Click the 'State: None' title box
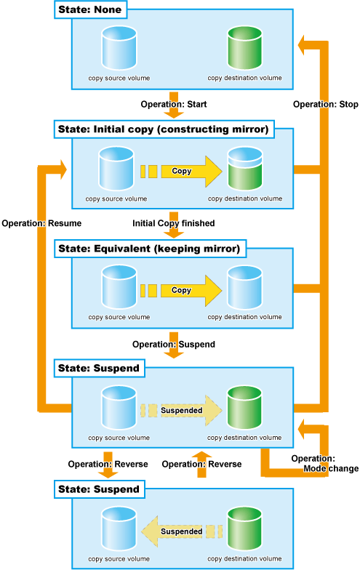(x=90, y=9)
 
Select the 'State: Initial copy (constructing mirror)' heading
(x=164, y=129)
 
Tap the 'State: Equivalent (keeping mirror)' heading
(x=150, y=249)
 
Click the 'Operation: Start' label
(x=174, y=105)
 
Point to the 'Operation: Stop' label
(x=326, y=105)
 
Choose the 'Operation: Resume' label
(x=41, y=223)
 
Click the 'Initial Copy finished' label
(x=173, y=223)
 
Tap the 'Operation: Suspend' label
(x=173, y=345)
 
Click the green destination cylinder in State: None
(x=244, y=48)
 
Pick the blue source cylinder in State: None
(x=119, y=48)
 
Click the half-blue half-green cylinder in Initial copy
(x=244, y=169)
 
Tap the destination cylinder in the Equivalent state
(x=244, y=288)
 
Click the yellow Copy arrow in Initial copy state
(x=181, y=172)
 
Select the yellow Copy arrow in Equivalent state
(x=181, y=291)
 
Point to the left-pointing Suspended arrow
(x=182, y=531)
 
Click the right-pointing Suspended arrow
(x=182, y=410)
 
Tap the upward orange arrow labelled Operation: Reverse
(x=201, y=465)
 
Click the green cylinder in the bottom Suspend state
(x=244, y=529)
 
